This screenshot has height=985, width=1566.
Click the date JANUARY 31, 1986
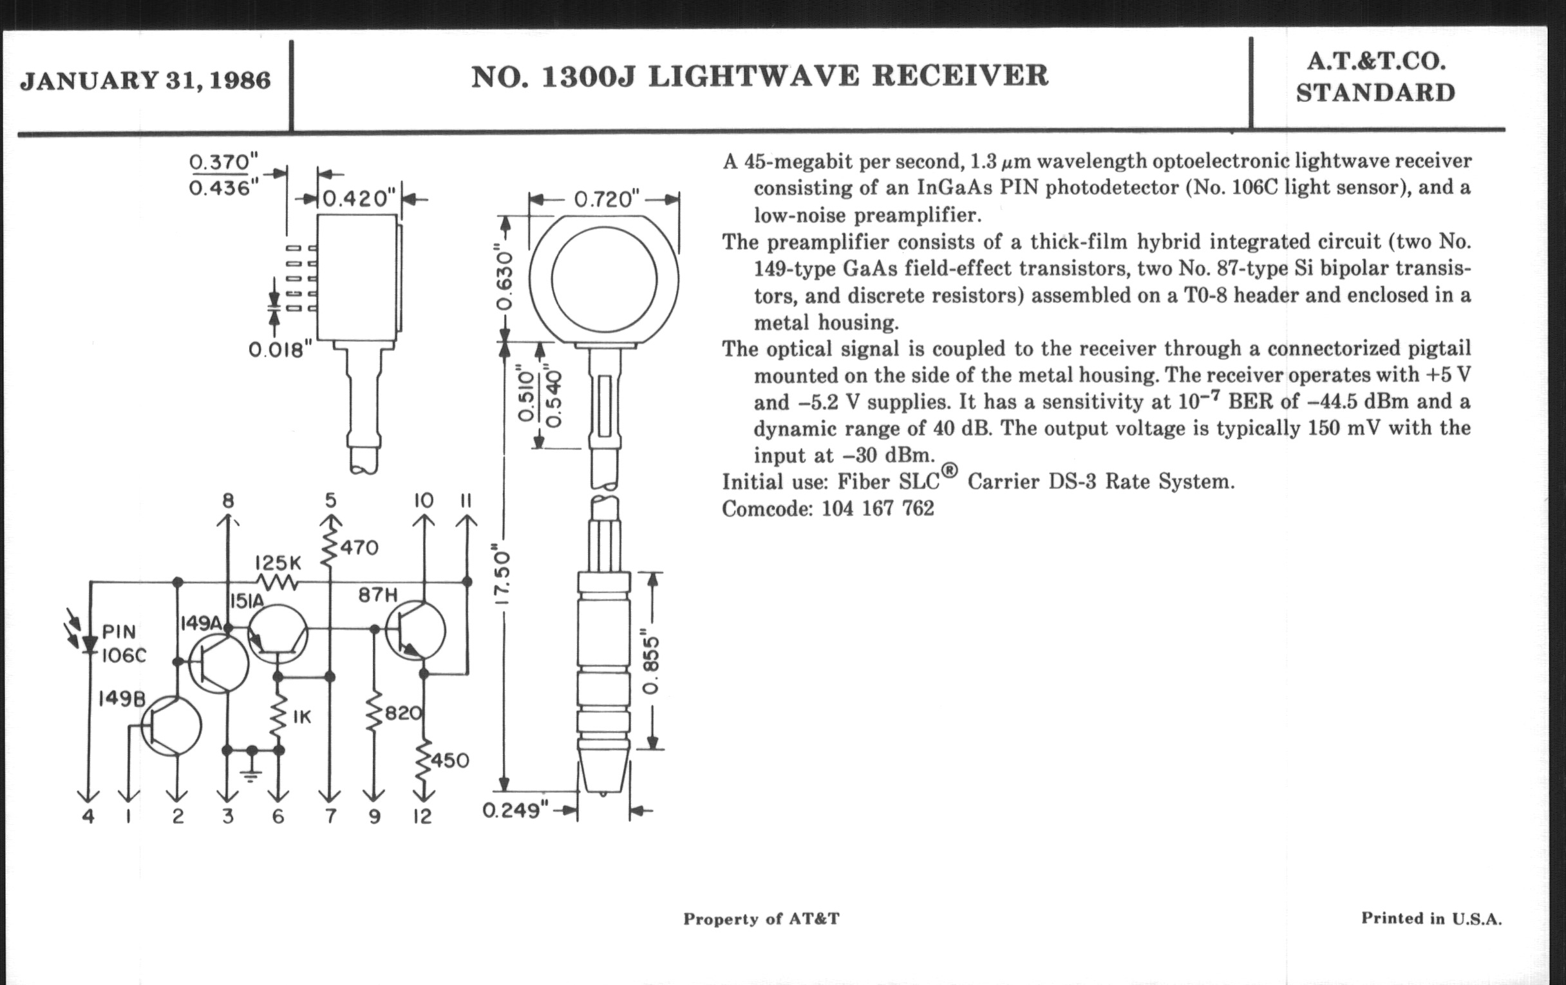coord(145,80)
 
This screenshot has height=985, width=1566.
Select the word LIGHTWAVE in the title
coord(753,76)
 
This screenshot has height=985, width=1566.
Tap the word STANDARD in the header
coord(1375,93)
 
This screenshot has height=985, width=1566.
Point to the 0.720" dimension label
coord(603,199)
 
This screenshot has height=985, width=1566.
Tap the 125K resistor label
coord(278,563)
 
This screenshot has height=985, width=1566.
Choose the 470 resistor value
coord(359,548)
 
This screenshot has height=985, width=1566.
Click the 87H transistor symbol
coord(416,631)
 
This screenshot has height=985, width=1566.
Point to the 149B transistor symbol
coord(171,726)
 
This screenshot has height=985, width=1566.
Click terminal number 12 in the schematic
coord(422,816)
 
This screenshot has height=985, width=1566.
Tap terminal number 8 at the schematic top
coord(227,501)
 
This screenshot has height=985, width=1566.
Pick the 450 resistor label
coord(450,761)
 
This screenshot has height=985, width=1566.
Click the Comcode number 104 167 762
coord(877,509)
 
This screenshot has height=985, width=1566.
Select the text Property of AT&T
coord(761,919)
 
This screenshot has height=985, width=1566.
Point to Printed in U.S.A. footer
coord(1431,918)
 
